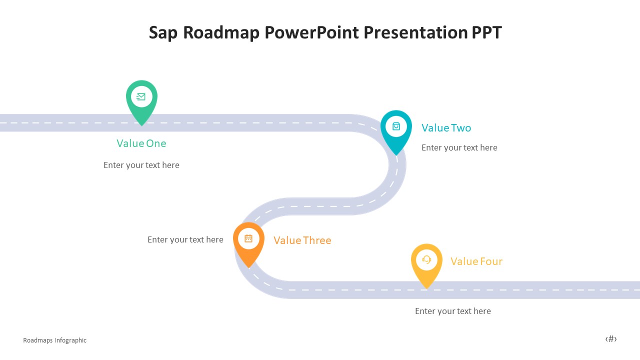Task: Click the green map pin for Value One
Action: click(x=141, y=100)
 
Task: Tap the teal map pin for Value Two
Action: click(x=396, y=130)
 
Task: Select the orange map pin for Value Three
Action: click(x=248, y=242)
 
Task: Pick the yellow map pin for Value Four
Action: click(x=426, y=263)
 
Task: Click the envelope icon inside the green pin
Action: click(x=141, y=97)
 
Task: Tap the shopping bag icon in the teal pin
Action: click(x=396, y=126)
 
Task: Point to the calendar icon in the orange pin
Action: click(x=248, y=238)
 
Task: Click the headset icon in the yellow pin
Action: click(x=426, y=259)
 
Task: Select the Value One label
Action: click(x=141, y=143)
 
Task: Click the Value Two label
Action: click(x=446, y=128)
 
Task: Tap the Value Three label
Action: click(x=302, y=240)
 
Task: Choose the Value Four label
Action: click(x=476, y=261)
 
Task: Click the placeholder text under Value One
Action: click(x=141, y=165)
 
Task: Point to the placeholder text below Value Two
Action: click(x=459, y=147)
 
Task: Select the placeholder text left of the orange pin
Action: click(x=185, y=239)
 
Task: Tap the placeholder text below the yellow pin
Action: click(x=453, y=311)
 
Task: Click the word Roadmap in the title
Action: click(x=221, y=32)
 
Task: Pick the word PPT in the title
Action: click(x=486, y=32)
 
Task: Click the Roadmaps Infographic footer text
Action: click(x=55, y=340)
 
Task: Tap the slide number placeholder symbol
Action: click(x=611, y=339)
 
